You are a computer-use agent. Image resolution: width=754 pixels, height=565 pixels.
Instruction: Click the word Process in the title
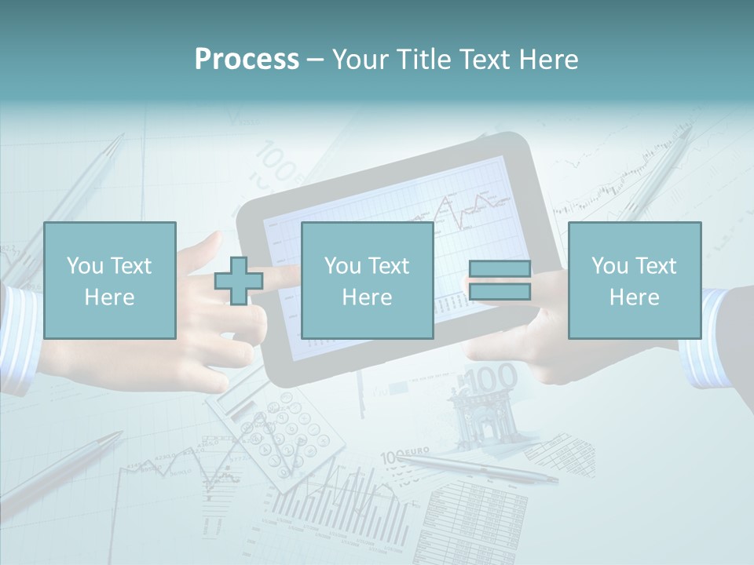[247, 60]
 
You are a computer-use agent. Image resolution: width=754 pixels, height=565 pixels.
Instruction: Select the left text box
[109, 280]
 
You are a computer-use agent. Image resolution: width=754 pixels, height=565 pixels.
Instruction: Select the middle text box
[367, 280]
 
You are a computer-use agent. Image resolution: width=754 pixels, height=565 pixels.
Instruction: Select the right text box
[634, 280]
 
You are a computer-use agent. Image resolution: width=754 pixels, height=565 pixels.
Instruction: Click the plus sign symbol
[238, 280]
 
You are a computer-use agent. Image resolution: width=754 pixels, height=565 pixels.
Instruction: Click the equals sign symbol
[500, 280]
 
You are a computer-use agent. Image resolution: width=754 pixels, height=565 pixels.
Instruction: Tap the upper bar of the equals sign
[500, 269]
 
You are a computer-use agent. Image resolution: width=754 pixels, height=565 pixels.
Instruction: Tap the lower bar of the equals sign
[500, 292]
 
